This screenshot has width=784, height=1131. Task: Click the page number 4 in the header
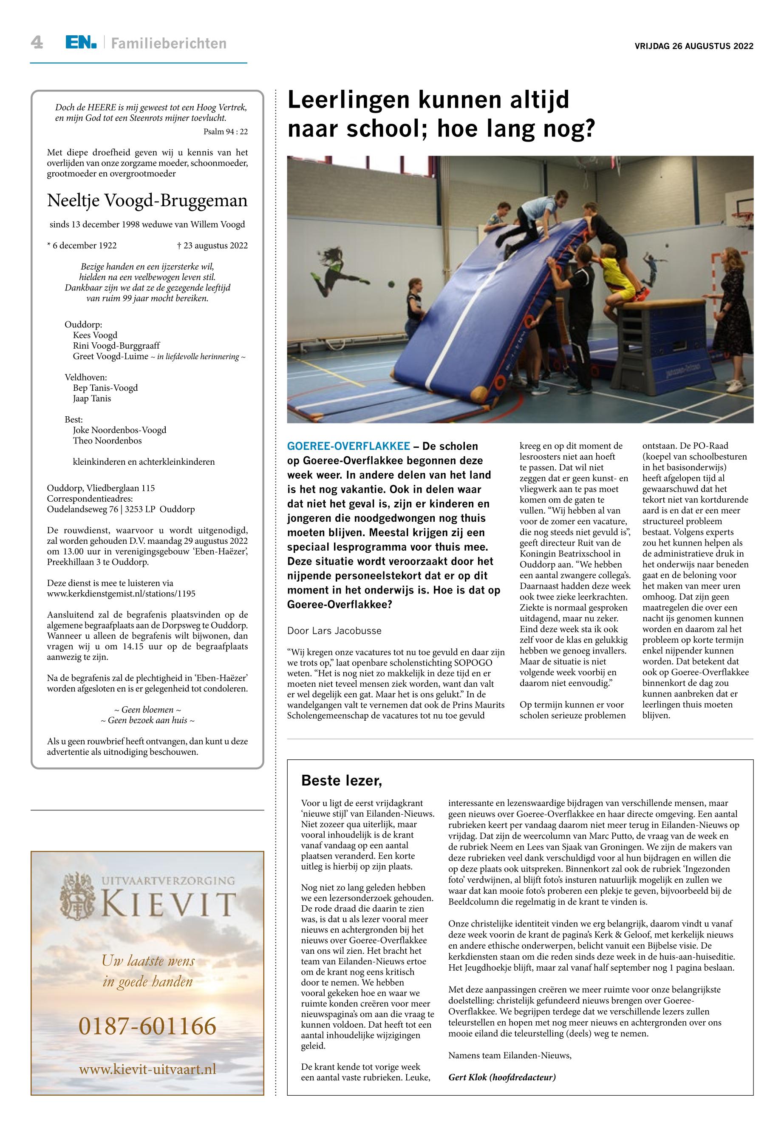(37, 43)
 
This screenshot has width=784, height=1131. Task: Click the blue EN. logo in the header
(81, 43)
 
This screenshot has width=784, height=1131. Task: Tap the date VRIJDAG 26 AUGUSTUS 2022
(693, 47)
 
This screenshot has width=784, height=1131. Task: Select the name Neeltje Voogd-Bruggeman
(147, 201)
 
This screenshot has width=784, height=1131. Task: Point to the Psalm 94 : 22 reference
(226, 132)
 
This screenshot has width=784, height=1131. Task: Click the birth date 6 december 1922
(82, 245)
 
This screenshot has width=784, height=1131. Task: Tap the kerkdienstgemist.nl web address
(121, 593)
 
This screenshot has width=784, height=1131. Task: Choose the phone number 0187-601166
(147, 1026)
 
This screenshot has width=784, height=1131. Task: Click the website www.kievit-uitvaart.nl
(147, 1069)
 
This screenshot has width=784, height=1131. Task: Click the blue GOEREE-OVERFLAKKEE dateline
(348, 446)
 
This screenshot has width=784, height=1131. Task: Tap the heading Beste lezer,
(341, 780)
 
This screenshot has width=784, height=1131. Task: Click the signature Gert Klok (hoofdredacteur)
(501, 1077)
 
